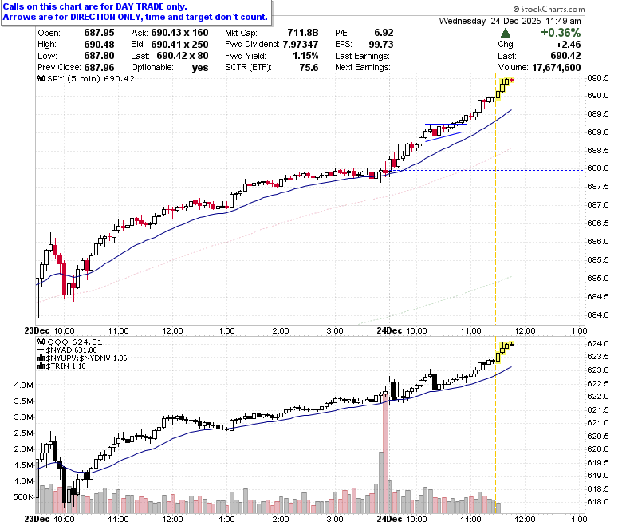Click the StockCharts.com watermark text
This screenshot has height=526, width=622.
pyautogui.click(x=549, y=9)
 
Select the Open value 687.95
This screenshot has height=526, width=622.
pyautogui.click(x=99, y=33)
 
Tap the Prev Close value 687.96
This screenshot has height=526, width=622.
pyautogui.click(x=99, y=68)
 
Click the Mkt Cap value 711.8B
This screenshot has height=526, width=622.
pyautogui.click(x=303, y=33)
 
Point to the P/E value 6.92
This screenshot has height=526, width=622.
pyautogui.click(x=384, y=33)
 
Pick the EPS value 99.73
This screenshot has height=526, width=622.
pyautogui.click(x=381, y=44)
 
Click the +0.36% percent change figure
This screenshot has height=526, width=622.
pyautogui.click(x=561, y=33)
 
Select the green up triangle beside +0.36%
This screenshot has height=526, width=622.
pyautogui.click(x=506, y=33)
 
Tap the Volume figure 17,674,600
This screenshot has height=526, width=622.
pyautogui.click(x=556, y=68)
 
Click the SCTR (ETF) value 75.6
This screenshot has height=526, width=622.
pyautogui.click(x=309, y=68)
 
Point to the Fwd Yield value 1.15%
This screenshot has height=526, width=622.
pyautogui.click(x=305, y=56)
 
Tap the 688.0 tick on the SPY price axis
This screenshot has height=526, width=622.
pyautogui.click(x=598, y=168)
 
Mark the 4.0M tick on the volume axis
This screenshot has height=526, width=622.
pyautogui.click(x=24, y=385)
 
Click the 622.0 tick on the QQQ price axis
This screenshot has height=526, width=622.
pyautogui.click(x=598, y=396)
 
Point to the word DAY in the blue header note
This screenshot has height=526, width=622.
pyautogui.click(x=124, y=6)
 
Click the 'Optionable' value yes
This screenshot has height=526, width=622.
pyautogui.click(x=200, y=68)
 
